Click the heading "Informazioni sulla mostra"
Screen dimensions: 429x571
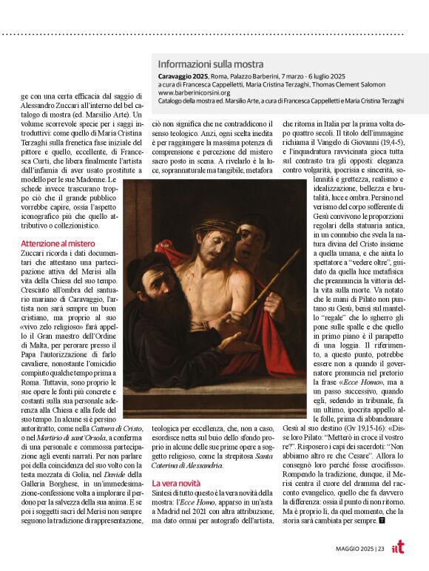[x=210, y=64]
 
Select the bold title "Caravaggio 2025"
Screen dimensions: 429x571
[x=184, y=76]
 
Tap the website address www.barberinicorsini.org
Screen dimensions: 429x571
[x=194, y=93]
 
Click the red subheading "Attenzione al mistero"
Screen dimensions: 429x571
[x=58, y=242]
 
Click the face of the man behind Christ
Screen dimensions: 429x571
[x=248, y=239]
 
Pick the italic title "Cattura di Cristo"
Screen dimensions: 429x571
[x=119, y=428]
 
